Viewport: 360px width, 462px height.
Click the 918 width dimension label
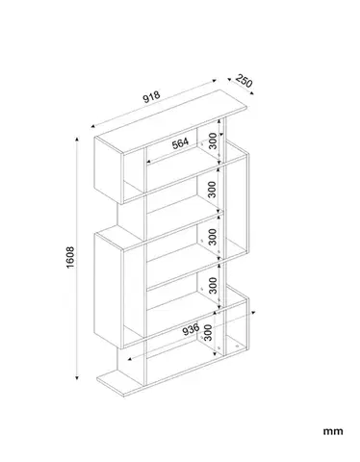[x=151, y=96]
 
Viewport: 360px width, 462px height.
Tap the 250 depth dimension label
[x=244, y=81]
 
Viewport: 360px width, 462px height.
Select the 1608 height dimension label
[x=70, y=257]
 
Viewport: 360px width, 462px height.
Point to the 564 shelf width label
[x=180, y=143]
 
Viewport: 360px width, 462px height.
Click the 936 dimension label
[x=191, y=329]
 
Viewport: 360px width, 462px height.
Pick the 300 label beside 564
[x=213, y=141]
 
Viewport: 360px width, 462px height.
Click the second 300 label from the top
[x=212, y=190]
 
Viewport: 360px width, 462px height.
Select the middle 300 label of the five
[x=213, y=237]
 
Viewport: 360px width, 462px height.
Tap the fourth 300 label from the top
[x=213, y=286]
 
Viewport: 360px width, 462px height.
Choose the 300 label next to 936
[x=208, y=332]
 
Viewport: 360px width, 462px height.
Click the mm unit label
[x=333, y=431]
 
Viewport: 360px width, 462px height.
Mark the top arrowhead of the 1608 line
[x=77, y=139]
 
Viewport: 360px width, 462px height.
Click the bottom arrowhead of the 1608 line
[x=77, y=377]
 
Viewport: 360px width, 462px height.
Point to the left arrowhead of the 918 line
[x=93, y=127]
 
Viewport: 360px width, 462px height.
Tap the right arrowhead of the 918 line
[x=215, y=81]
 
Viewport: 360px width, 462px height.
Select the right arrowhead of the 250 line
[x=252, y=93]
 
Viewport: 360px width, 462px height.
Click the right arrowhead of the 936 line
[x=253, y=312]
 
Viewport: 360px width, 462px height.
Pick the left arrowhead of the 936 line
[x=130, y=359]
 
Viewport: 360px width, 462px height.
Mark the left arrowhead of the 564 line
[x=148, y=162]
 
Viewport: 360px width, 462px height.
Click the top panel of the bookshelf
[x=171, y=121]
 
